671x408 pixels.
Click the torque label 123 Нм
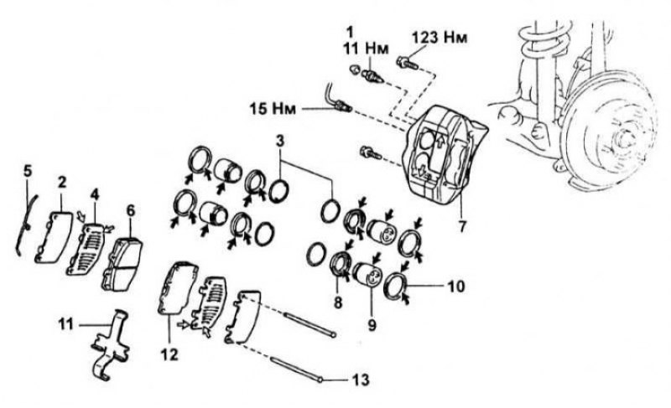pyautogui.click(x=440, y=38)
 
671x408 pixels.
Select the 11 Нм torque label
pyautogui.click(x=366, y=49)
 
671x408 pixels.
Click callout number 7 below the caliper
pyautogui.click(x=462, y=226)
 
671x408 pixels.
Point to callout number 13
pyautogui.click(x=361, y=380)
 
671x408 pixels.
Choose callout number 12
pyautogui.click(x=169, y=354)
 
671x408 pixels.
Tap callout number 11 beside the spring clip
pyautogui.click(x=66, y=324)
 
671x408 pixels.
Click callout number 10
pyautogui.click(x=456, y=287)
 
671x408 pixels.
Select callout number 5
pyautogui.click(x=28, y=171)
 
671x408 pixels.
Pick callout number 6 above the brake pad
pyautogui.click(x=131, y=210)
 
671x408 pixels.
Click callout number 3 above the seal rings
pyautogui.click(x=280, y=141)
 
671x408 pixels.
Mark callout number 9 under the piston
pyautogui.click(x=372, y=325)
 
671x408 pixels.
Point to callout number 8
pyautogui.click(x=338, y=303)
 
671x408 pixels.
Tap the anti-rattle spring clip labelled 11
pyautogui.click(x=111, y=345)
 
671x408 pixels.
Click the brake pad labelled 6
pyautogui.click(x=122, y=265)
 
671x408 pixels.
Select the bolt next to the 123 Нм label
pyautogui.click(x=407, y=63)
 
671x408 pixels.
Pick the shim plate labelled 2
pyautogui.click(x=53, y=237)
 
